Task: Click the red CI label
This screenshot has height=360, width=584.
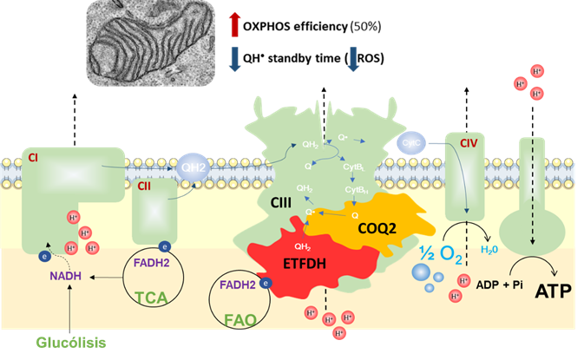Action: [x=33, y=159]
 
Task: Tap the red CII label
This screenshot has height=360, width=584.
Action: [x=144, y=184]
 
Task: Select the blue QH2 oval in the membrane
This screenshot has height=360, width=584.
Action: [x=192, y=167]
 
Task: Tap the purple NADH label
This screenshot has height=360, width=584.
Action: [x=66, y=275]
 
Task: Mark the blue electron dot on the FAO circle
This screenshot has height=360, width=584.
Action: [x=266, y=282]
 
